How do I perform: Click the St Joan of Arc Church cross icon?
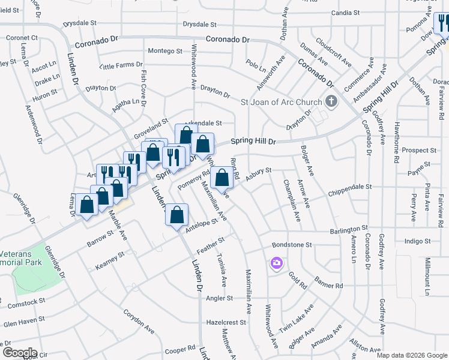coord(330,100)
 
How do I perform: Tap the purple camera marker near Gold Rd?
coord(276,263)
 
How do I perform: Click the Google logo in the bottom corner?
coord(20,352)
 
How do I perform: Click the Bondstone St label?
coord(292,245)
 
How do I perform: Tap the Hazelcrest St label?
coord(226,322)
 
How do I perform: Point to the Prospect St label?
coord(420,150)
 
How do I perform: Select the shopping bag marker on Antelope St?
coord(178,215)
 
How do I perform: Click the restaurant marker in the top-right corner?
coord(443,25)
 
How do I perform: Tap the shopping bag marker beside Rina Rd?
coord(222,178)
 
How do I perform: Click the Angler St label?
coord(219,298)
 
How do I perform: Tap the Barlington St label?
coord(348,230)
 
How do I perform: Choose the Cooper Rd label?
coord(180,348)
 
